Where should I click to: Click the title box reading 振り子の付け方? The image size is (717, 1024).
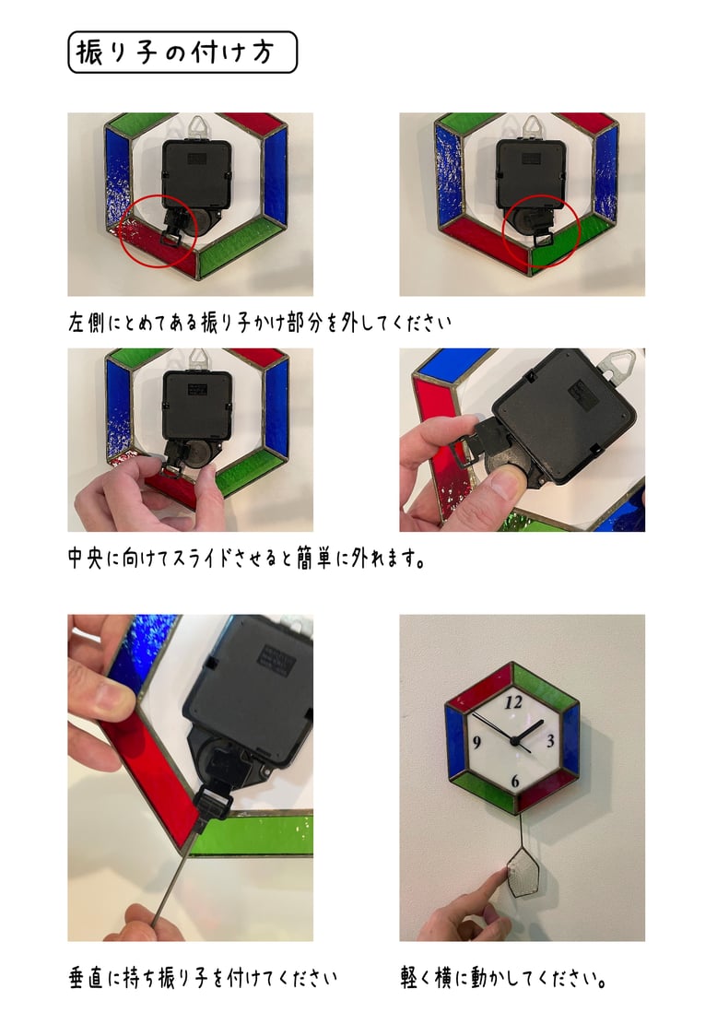tap(182, 53)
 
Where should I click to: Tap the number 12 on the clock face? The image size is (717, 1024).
tap(513, 702)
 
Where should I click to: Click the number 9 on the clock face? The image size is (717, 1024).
tap(476, 743)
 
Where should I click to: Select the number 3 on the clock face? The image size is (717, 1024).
tap(550, 740)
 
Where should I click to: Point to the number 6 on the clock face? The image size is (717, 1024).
tap(515, 781)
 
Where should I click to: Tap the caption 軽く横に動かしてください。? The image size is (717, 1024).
tap(505, 978)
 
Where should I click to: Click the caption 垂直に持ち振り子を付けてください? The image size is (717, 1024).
tap(203, 978)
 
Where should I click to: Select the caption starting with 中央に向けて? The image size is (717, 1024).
tap(247, 559)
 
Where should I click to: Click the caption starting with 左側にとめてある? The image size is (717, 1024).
tap(259, 322)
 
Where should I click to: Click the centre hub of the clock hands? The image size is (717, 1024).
tap(515, 739)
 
